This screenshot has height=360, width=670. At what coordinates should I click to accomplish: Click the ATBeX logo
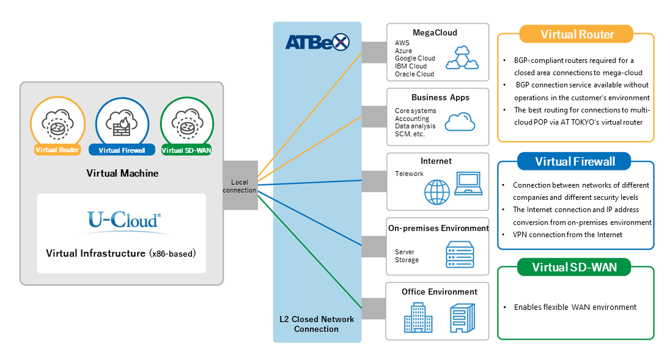(317, 42)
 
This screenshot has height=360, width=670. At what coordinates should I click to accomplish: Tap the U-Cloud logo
(124, 221)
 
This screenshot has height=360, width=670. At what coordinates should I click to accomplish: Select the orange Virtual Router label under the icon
(57, 150)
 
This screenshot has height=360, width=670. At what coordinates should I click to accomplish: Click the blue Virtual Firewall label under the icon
(122, 150)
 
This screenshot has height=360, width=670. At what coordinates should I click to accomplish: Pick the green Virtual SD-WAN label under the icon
(186, 150)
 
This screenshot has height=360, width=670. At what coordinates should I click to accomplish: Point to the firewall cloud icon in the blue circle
(122, 123)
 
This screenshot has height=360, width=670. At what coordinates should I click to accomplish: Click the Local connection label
(239, 186)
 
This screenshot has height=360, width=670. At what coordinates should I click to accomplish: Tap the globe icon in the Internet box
(436, 192)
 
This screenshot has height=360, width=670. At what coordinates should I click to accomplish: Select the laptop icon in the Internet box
(468, 183)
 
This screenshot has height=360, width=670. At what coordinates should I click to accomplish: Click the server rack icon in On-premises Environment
(460, 254)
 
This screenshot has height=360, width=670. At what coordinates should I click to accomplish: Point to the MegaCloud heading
(435, 33)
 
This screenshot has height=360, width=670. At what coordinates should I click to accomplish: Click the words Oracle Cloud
(414, 74)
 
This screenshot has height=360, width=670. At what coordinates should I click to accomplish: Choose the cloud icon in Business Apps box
(460, 122)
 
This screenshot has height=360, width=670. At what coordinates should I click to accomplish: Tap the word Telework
(409, 174)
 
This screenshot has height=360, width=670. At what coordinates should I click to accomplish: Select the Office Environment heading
(440, 292)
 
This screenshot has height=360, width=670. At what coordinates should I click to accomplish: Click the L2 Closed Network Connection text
(317, 324)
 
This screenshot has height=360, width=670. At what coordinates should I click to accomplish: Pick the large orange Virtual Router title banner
(576, 34)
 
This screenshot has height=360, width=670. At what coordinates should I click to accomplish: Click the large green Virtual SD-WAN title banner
(574, 267)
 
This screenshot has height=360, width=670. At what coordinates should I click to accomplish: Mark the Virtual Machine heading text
(122, 174)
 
